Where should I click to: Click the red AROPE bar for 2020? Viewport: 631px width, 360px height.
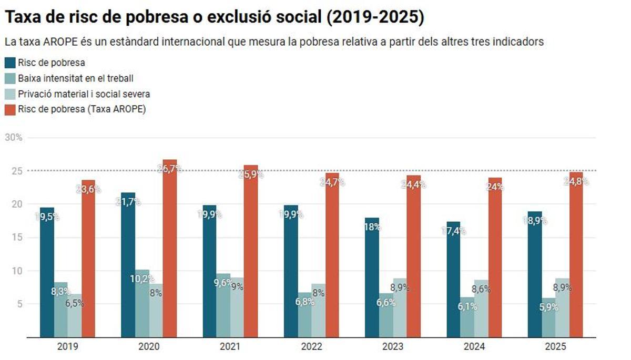pos(169,252)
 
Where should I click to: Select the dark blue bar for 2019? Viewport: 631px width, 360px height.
pos(47,273)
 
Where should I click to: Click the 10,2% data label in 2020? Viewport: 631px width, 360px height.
pos(143,279)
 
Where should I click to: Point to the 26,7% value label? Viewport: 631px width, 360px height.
pos(169,169)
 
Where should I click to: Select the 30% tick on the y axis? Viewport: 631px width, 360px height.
pos(14,138)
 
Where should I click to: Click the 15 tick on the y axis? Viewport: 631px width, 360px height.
pos(16,238)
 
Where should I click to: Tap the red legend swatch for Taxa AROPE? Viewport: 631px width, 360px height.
pos(10,110)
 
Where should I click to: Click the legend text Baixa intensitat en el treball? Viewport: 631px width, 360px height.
pos(76,79)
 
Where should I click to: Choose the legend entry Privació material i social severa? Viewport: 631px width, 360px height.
pos(84,94)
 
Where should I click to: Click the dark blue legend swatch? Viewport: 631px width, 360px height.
pos(10,63)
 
